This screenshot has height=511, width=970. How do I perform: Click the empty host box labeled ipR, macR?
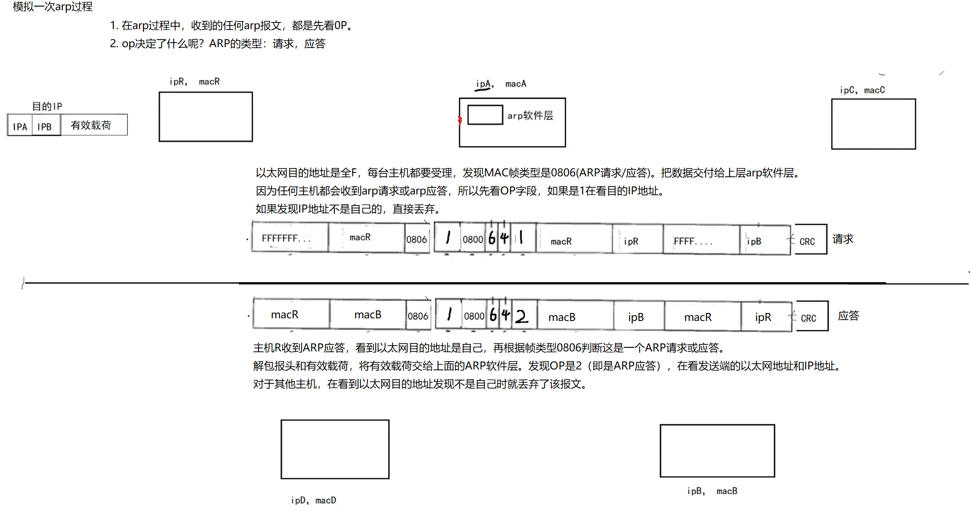pyautogui.click(x=206, y=116)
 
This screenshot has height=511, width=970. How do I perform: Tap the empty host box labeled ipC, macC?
pyautogui.click(x=873, y=124)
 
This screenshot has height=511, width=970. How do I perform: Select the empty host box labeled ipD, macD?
pyautogui.click(x=335, y=449)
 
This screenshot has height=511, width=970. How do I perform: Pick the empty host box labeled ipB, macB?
pyautogui.click(x=717, y=451)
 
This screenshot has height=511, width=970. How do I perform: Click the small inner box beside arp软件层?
pyautogui.click(x=485, y=115)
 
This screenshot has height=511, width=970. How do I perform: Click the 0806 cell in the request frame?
pyautogui.click(x=416, y=239)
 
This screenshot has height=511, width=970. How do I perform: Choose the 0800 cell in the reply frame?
pyautogui.click(x=474, y=316)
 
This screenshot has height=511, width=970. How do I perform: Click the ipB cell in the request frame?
pyautogui.click(x=764, y=241)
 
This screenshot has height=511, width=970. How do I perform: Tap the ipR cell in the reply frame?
pyautogui.click(x=766, y=317)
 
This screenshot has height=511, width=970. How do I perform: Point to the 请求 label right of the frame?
pyautogui.click(x=843, y=239)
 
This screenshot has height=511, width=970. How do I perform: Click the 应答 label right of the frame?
pyautogui.click(x=848, y=316)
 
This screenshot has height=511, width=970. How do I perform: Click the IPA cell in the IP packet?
pyautogui.click(x=20, y=127)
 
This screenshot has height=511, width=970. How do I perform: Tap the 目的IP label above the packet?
pyautogui.click(x=47, y=106)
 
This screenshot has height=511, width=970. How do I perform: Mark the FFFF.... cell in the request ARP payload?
pyautogui.click(x=700, y=241)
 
